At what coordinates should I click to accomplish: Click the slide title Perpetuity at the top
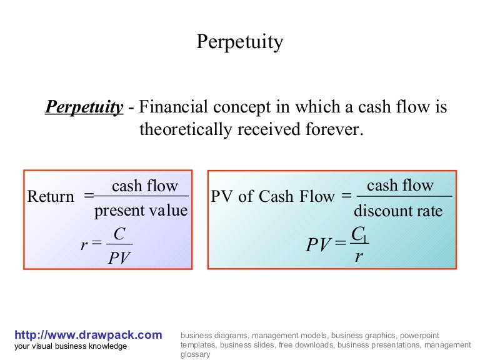pos(240,42)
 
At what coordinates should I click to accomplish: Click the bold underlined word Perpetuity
pos(84,107)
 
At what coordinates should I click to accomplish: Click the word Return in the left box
pos(51,197)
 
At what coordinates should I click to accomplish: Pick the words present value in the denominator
pos(141,211)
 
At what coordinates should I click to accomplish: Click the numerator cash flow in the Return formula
pos(144,186)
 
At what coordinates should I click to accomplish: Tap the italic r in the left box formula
pos(84,245)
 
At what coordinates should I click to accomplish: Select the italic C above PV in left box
pos(119,234)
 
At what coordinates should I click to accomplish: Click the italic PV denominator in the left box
pos(119,257)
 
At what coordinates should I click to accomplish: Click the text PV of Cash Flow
pos(272,197)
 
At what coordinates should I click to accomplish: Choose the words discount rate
pos(398,211)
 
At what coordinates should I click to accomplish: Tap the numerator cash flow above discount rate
pos(400,186)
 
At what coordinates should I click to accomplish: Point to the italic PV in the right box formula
pos(318,245)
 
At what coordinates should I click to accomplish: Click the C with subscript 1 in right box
pos(359,234)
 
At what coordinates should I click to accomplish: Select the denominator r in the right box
pos(358,256)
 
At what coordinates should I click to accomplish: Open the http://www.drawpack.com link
pos(88,335)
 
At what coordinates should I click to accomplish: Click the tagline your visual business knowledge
pos(70,346)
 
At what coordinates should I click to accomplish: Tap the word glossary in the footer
pos(195,354)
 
